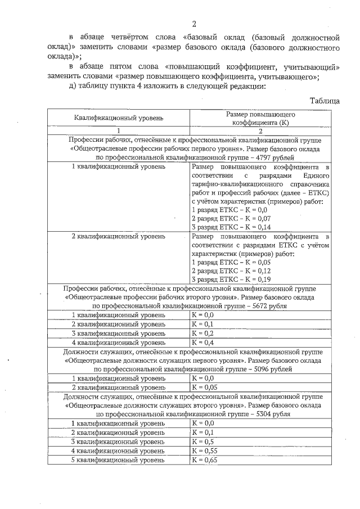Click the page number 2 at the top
193,24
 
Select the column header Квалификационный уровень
118,118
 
